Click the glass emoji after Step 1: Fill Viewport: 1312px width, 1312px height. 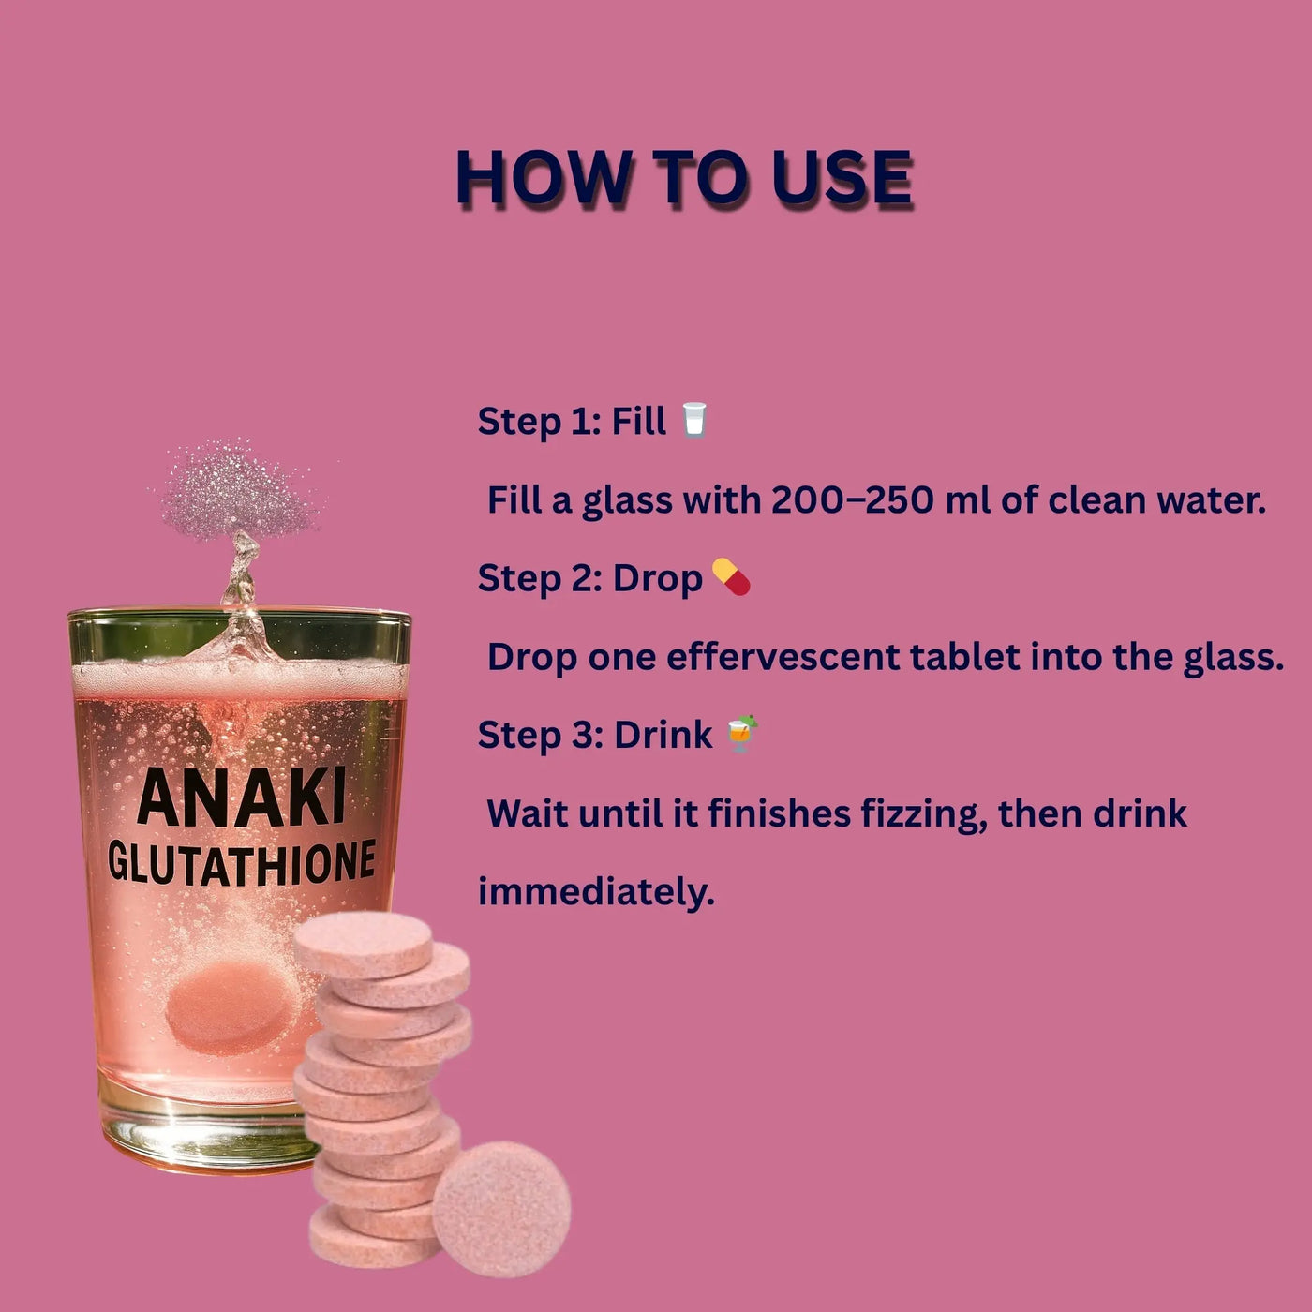[694, 419]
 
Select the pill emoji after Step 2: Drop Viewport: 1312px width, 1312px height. [731, 576]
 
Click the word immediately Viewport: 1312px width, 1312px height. [596, 892]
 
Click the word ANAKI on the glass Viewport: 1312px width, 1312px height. [242, 798]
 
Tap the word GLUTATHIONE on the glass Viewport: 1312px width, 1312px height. [242, 862]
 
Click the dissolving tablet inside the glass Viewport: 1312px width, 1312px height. [231, 1007]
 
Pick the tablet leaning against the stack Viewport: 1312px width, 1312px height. [501, 1208]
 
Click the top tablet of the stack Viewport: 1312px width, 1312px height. [363, 945]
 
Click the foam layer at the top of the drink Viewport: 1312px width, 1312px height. [240, 678]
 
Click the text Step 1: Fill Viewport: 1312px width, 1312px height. [572, 422]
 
